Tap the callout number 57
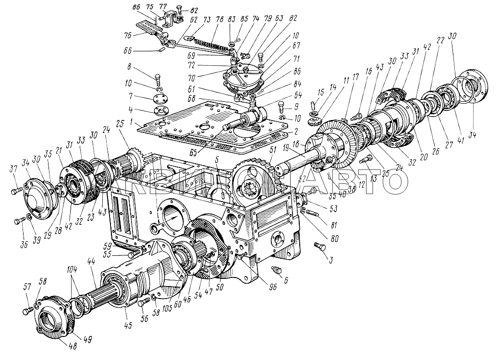[x=27, y=287]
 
